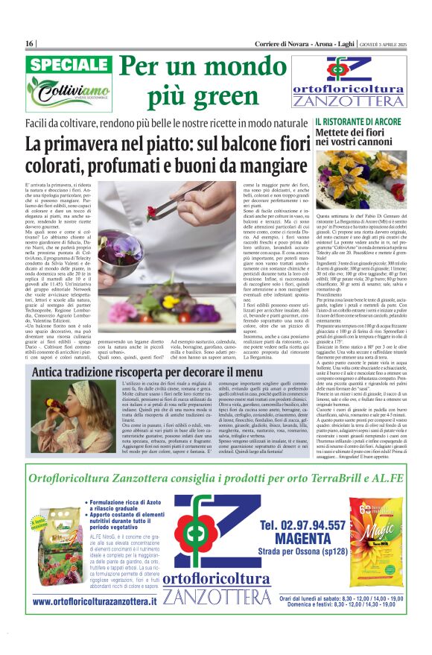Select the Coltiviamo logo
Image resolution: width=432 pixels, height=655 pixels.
pyautogui.click(x=68, y=92)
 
